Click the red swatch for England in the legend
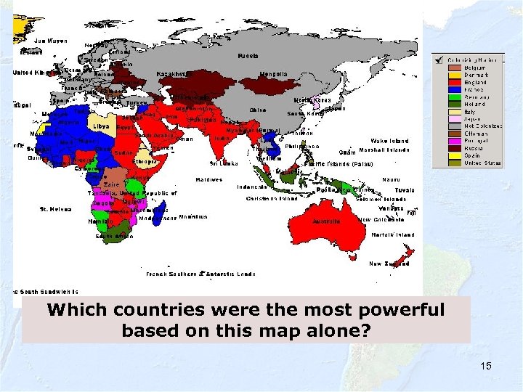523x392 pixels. click(454, 82)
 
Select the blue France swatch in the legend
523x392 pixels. click(454, 89)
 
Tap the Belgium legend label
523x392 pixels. click(474, 68)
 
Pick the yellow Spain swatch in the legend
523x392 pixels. click(454, 155)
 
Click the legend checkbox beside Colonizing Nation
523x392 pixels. click(438, 60)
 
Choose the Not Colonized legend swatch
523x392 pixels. click(454, 126)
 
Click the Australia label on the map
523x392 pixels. click(326, 221)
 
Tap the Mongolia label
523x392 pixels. click(273, 74)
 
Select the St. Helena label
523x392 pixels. click(55, 209)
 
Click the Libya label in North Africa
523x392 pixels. click(100, 126)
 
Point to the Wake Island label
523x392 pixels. click(389, 141)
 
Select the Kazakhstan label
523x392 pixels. click(172, 73)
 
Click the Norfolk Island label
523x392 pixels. click(392, 235)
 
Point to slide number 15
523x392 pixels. click(485, 366)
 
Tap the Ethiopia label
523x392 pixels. click(147, 162)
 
